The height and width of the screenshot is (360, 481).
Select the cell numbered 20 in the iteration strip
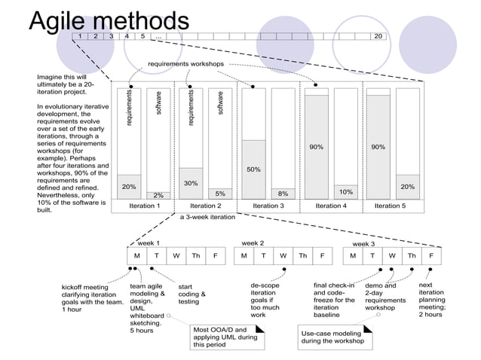click(x=378, y=35)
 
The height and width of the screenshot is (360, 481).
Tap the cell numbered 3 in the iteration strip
click(x=112, y=35)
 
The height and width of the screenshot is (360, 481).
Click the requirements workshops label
click(x=185, y=64)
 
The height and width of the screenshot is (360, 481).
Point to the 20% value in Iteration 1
click(x=130, y=186)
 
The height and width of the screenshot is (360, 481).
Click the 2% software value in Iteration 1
click(x=158, y=196)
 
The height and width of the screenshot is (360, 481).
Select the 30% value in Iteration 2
click(x=191, y=183)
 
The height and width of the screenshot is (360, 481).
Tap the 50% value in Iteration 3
click(x=253, y=169)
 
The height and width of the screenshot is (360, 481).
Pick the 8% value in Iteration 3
click(x=283, y=194)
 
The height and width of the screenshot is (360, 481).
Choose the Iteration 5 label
click(x=390, y=205)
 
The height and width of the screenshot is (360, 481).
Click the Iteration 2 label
click(x=206, y=205)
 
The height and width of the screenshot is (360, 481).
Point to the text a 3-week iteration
click(x=207, y=217)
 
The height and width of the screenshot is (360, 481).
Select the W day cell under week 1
click(x=176, y=255)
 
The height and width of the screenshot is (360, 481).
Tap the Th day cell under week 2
click(x=302, y=255)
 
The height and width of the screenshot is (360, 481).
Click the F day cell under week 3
click(x=431, y=255)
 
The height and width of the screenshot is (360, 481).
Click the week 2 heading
click(x=252, y=243)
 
